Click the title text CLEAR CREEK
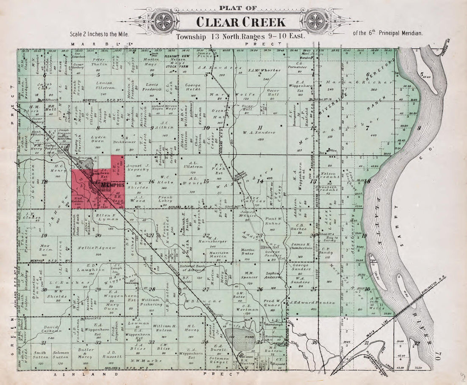click(240, 22)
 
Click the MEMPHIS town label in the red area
click(113, 185)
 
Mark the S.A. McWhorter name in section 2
click(259, 69)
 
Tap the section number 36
click(314, 342)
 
